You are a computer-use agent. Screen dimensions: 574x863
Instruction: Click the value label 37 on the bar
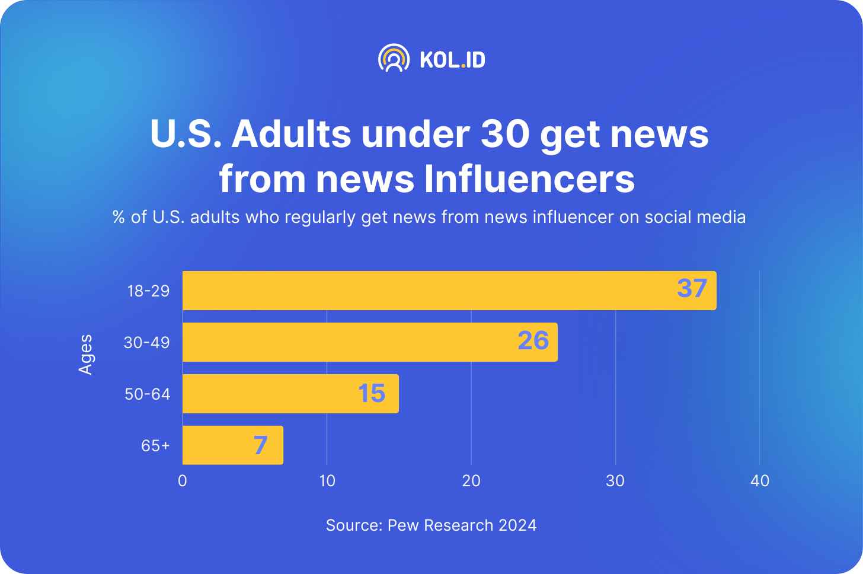(x=692, y=289)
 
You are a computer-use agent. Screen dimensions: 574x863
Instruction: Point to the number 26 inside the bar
(x=533, y=341)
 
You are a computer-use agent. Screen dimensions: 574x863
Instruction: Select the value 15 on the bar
(x=372, y=393)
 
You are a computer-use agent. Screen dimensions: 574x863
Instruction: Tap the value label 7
(x=260, y=445)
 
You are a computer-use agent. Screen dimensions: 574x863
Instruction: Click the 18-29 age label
(x=148, y=291)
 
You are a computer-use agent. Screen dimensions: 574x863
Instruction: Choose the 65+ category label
(x=155, y=446)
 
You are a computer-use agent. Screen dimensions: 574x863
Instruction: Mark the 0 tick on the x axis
(x=183, y=481)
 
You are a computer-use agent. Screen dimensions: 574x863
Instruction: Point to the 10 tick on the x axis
(x=327, y=481)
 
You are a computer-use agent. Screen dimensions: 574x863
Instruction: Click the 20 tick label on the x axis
(x=471, y=481)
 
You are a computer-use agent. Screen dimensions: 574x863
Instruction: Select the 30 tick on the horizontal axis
(x=615, y=481)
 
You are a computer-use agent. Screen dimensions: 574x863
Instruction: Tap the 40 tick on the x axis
(x=760, y=481)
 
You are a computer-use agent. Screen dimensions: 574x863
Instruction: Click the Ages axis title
(x=86, y=354)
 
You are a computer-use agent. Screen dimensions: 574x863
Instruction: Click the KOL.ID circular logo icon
(x=394, y=58)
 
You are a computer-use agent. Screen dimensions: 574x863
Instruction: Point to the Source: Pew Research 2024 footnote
(x=431, y=525)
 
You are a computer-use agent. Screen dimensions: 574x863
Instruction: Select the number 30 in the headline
(x=504, y=134)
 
